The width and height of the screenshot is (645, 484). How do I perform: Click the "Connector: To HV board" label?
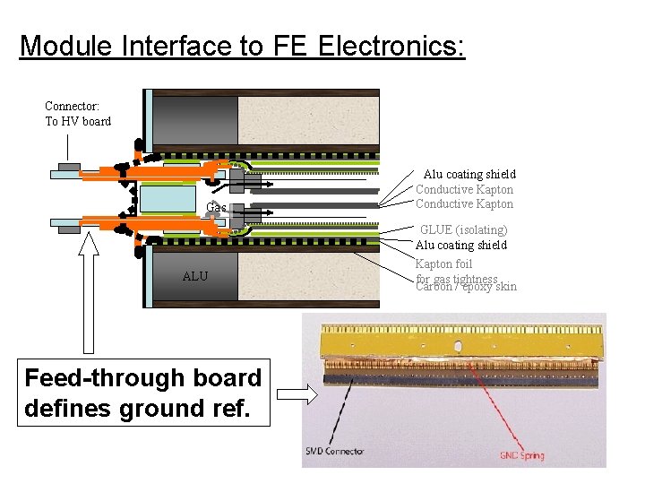(78, 114)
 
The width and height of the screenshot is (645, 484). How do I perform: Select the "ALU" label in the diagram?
(194, 276)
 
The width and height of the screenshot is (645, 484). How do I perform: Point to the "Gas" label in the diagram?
(216, 208)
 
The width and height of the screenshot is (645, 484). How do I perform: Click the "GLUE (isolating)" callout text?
(463, 229)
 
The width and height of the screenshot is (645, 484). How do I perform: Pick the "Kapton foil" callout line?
(443, 264)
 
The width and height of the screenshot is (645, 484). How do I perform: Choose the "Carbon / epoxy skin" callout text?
(467, 288)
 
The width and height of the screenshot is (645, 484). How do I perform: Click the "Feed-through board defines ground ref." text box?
(143, 393)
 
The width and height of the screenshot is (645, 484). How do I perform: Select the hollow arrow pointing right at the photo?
(293, 394)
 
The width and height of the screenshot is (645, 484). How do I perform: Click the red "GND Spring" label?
(521, 456)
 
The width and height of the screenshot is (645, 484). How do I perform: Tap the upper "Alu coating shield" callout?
(469, 174)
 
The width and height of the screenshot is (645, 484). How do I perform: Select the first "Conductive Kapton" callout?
(464, 189)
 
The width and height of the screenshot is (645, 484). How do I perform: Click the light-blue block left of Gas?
(168, 198)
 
